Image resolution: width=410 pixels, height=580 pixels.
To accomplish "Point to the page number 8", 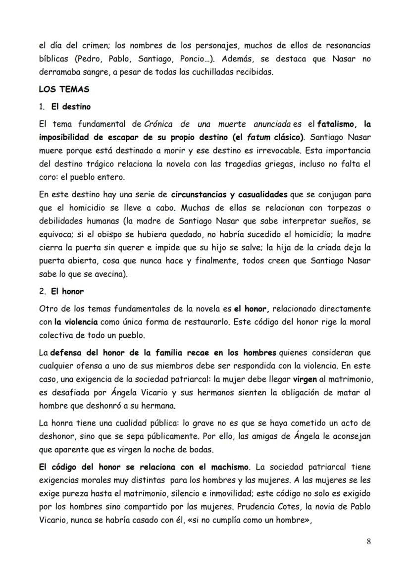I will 368,541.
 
